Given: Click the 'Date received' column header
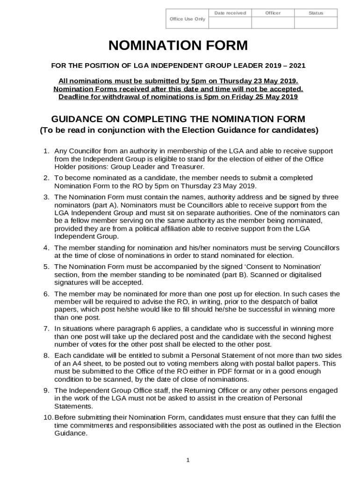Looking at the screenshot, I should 230,13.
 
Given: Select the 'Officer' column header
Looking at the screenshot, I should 273,13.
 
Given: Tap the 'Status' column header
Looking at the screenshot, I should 316,13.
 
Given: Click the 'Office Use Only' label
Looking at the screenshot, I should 187,19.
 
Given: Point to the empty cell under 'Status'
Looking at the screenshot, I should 316,23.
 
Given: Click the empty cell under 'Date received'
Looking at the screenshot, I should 230,23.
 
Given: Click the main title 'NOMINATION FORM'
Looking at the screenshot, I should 178,46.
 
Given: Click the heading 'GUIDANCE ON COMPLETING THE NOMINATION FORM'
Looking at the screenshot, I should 178,119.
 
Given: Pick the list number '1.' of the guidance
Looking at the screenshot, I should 46,151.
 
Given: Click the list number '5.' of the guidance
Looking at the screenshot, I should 46,267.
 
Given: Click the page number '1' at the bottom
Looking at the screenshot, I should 187,460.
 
